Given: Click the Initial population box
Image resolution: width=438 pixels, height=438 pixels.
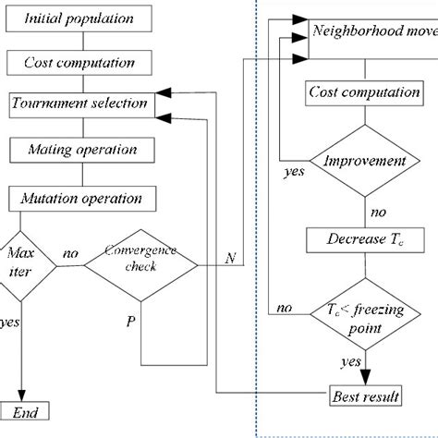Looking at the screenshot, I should pyautogui.click(x=78, y=18).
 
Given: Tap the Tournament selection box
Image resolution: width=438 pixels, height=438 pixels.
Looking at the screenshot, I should pyautogui.click(x=78, y=103).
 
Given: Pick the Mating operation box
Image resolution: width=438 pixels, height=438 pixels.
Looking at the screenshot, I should pyautogui.click(x=78, y=150).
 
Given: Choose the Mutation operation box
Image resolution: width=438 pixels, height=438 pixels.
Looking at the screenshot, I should pyautogui.click(x=78, y=198).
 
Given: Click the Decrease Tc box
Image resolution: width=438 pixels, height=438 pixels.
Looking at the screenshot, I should pyautogui.click(x=362, y=240).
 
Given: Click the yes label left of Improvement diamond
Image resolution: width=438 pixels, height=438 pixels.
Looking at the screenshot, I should pyautogui.click(x=294, y=171).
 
